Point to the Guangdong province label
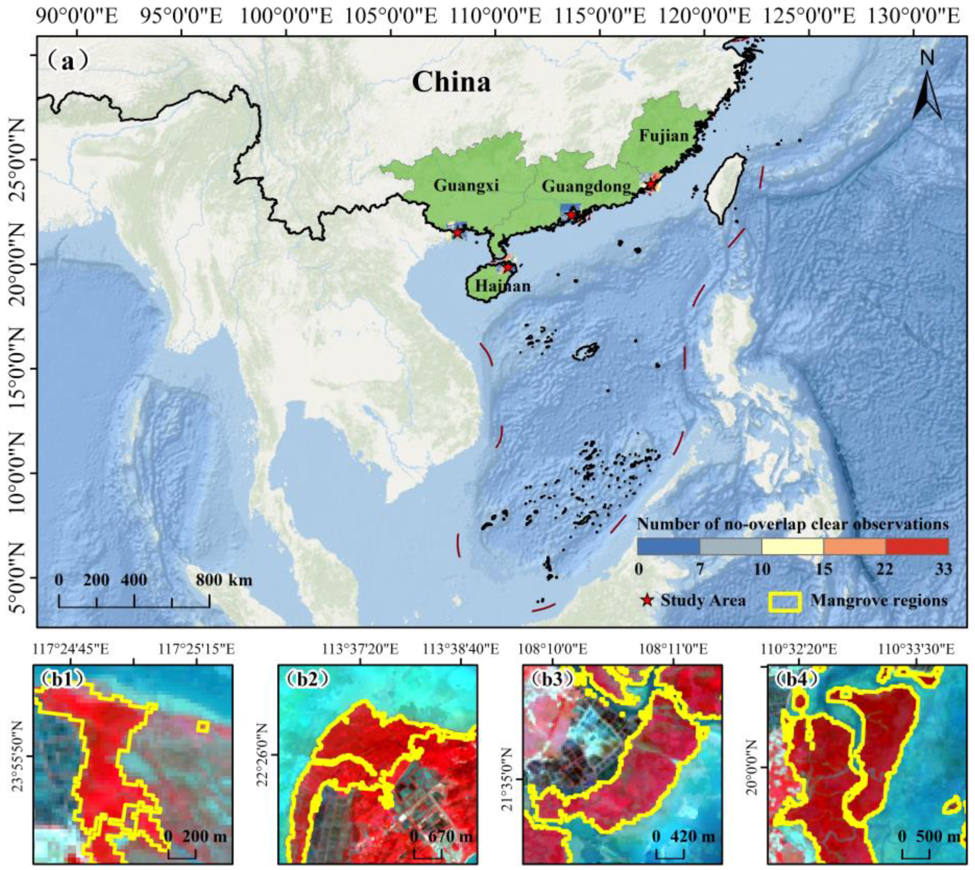(x=586, y=187)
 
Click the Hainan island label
(x=502, y=286)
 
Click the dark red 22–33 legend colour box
(x=917, y=546)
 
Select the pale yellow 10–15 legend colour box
(x=792, y=546)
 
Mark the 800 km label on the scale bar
(x=223, y=580)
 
